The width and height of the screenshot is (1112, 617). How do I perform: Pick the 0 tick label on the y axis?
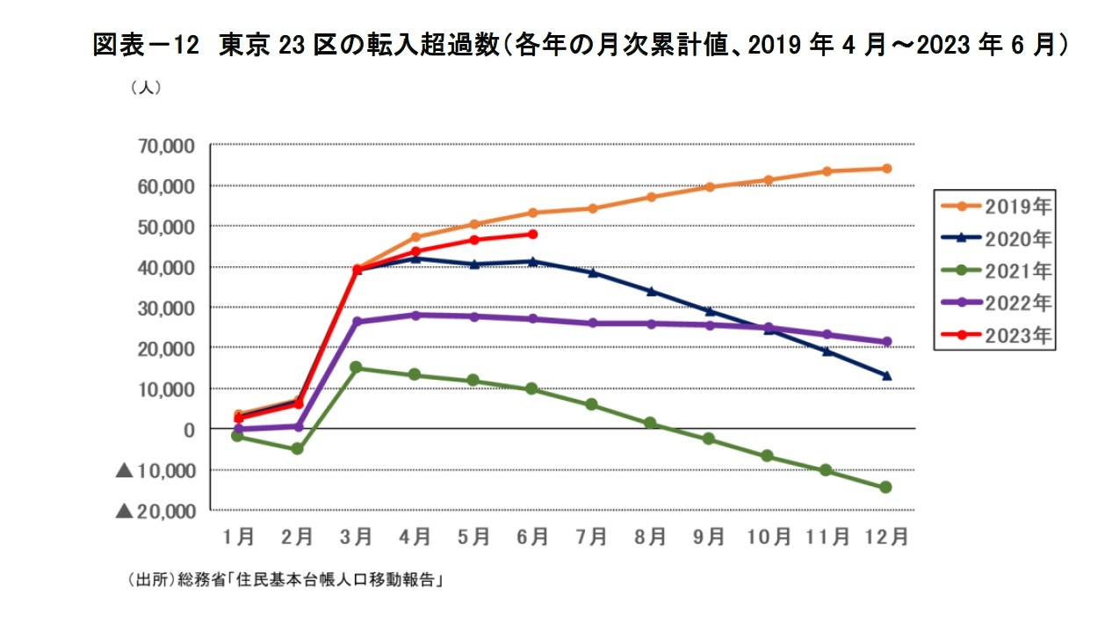click(188, 429)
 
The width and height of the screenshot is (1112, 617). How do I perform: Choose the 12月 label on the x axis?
click(885, 536)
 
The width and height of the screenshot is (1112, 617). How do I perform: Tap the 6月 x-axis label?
click(532, 536)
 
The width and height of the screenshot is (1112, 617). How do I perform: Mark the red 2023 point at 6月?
click(533, 234)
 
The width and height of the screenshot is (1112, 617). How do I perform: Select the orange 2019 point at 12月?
click(886, 168)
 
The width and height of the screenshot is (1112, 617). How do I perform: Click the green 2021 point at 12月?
click(885, 487)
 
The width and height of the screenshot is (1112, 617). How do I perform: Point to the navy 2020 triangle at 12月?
click(886, 375)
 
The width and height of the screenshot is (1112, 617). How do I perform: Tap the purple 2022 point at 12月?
click(886, 342)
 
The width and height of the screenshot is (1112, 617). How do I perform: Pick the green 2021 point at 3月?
click(356, 367)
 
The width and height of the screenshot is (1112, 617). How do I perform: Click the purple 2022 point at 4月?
click(415, 315)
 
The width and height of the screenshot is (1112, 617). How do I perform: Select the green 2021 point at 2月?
click(297, 448)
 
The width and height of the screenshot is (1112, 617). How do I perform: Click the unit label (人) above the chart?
click(145, 88)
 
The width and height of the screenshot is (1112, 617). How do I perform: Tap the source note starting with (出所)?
click(284, 581)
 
